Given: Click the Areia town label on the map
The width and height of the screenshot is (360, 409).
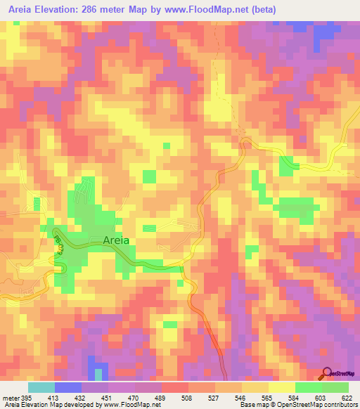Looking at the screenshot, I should click(x=116, y=240).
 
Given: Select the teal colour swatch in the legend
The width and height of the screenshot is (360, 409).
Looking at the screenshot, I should click(x=41, y=387).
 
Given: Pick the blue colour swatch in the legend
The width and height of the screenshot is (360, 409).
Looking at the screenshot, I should click(x=67, y=387).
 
